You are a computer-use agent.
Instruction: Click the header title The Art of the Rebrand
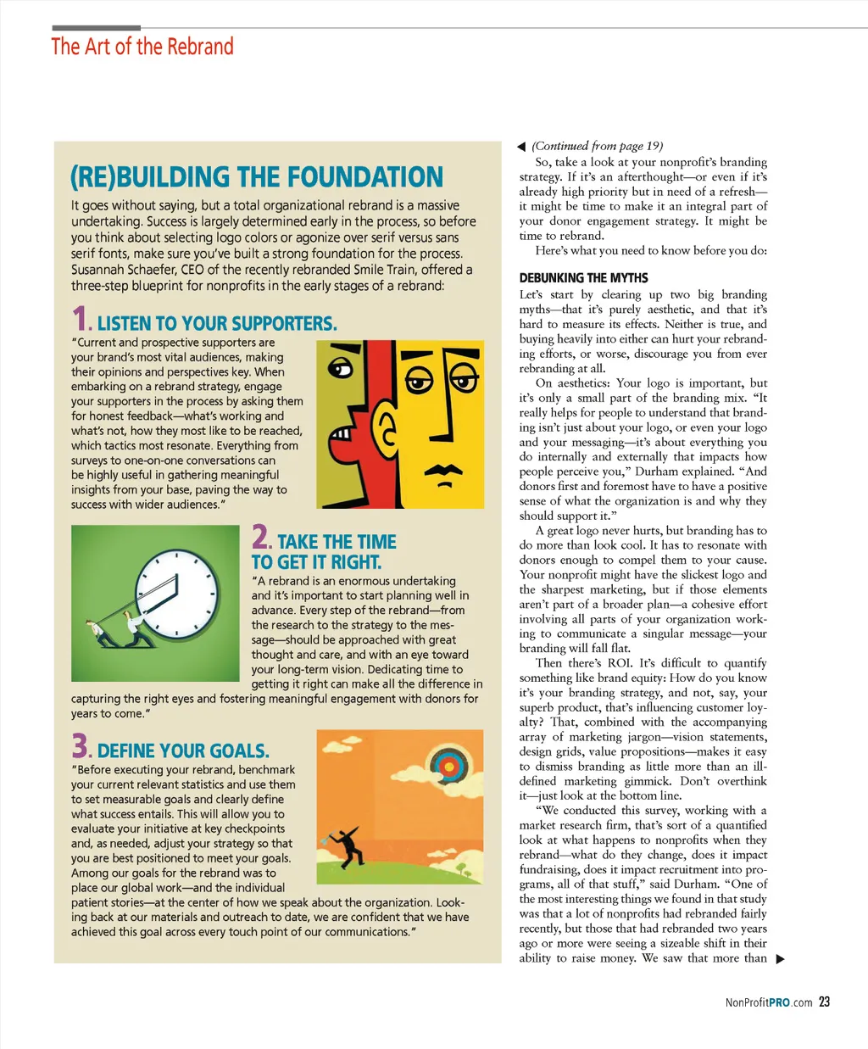142,47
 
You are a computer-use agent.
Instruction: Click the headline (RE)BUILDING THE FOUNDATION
256,177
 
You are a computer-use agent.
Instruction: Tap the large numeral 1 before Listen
80,319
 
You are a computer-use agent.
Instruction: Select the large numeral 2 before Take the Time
260,538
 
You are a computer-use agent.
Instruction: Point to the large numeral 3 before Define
80,746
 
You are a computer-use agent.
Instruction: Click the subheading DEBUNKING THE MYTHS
583,278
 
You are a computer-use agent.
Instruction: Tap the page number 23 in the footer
824,1002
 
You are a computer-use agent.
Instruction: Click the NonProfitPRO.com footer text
768,1002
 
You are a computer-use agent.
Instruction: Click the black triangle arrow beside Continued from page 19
521,147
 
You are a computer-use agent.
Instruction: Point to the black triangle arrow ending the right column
781,959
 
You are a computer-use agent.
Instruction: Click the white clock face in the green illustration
177,593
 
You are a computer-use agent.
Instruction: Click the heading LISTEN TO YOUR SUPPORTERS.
217,324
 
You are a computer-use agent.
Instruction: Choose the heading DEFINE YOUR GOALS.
183,751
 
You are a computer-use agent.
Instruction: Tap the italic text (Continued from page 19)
597,146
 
